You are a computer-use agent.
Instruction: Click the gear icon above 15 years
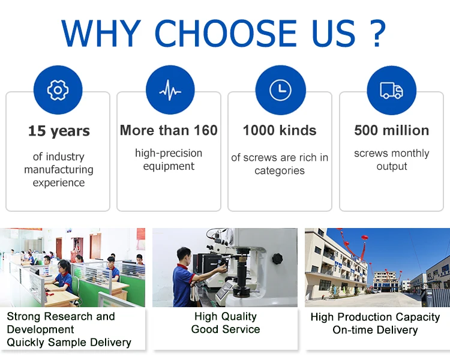(x=58, y=90)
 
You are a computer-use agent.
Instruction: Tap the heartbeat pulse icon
(x=170, y=90)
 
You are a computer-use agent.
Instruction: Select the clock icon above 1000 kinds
(x=280, y=90)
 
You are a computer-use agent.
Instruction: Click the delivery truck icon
(x=391, y=91)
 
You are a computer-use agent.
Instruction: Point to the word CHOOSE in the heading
(x=226, y=34)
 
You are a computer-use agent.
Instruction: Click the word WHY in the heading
(x=101, y=34)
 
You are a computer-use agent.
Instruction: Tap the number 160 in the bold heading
(x=205, y=130)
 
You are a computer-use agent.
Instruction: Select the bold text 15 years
(x=59, y=131)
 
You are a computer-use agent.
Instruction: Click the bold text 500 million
(x=392, y=130)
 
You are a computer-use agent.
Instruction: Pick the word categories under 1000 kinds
(x=280, y=171)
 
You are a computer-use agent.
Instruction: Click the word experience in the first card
(x=59, y=183)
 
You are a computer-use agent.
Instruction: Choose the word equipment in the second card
(x=169, y=167)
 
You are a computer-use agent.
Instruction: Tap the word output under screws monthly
(x=392, y=167)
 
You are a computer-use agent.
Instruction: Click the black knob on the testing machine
(x=277, y=259)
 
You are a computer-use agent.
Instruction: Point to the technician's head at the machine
(x=184, y=255)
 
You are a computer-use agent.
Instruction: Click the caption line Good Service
(x=226, y=329)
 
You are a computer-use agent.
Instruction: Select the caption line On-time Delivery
(x=375, y=330)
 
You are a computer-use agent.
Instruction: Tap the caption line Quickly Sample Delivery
(x=69, y=343)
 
